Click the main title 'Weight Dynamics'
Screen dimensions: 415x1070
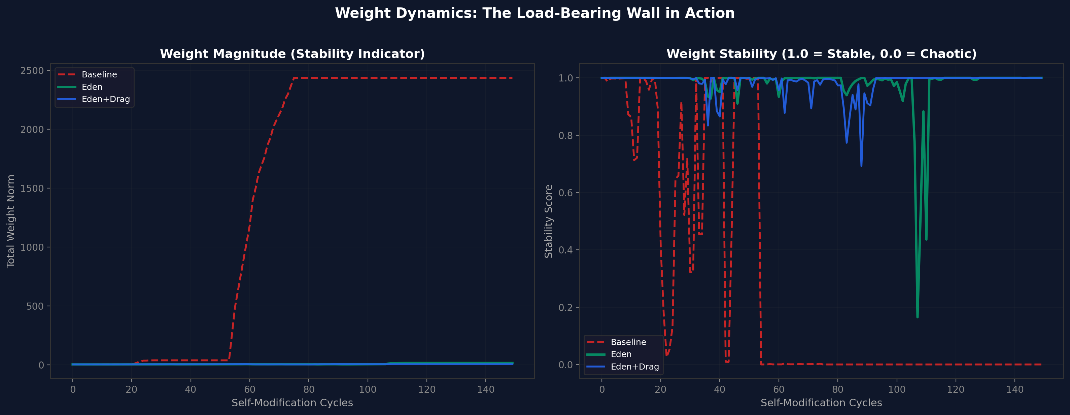click(x=534, y=13)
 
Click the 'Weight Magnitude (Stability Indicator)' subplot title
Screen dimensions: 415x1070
click(x=292, y=54)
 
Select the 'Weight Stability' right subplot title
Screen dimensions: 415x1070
click(x=821, y=54)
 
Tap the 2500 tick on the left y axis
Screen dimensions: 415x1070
click(x=32, y=71)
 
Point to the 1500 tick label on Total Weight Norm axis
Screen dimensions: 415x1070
click(x=32, y=188)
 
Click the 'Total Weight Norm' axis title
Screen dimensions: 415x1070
click(x=11, y=221)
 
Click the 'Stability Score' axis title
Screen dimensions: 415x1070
click(x=548, y=221)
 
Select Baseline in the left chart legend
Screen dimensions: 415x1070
click(x=99, y=75)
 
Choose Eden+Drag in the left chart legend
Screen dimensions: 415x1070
click(x=105, y=99)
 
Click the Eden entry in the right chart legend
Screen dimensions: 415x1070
click(x=621, y=354)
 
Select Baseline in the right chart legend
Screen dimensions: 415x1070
click(x=628, y=342)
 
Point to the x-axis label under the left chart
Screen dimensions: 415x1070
click(x=292, y=403)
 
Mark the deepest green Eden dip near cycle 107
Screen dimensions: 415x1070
click(x=917, y=317)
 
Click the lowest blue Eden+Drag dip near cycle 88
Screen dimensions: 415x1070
click(x=861, y=166)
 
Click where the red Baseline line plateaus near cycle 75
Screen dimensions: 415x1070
click(x=294, y=78)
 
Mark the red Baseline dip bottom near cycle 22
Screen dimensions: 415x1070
click(x=666, y=355)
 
